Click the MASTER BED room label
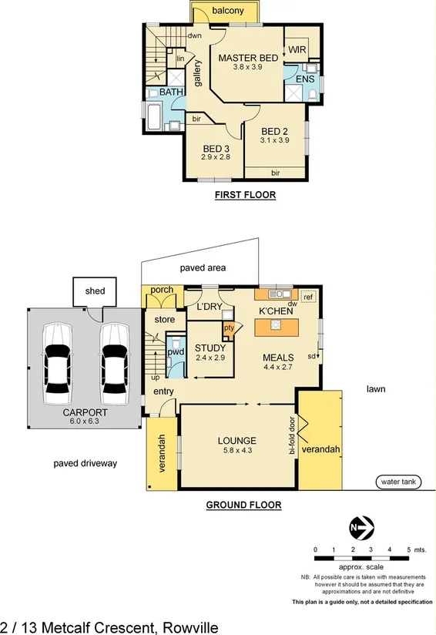[x=247, y=59]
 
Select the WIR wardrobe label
[x=297, y=50]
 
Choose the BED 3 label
[x=216, y=148]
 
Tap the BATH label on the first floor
[x=171, y=92]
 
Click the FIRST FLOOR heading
[x=245, y=196]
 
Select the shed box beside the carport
[x=96, y=291]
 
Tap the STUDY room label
[x=210, y=348]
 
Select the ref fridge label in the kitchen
[x=307, y=297]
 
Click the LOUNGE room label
[x=236, y=441]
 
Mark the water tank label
[x=398, y=482]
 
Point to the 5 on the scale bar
[x=408, y=549]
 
